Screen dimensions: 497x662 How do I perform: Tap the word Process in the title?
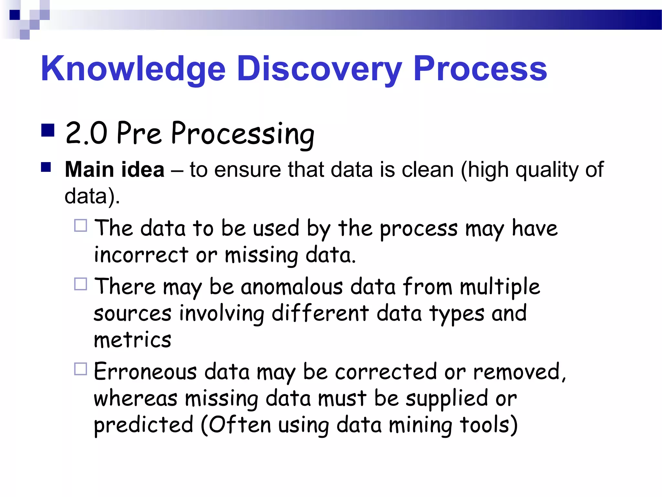480,69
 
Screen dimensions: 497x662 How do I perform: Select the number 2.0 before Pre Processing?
86,133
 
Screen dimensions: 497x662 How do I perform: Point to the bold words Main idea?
114,170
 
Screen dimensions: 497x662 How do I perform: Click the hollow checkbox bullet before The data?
80,226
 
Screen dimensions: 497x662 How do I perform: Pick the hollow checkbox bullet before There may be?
80,284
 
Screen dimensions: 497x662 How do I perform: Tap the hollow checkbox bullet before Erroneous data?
80,369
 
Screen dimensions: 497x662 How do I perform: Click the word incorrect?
141,255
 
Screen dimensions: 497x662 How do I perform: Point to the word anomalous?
292,287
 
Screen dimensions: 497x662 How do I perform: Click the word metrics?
132,340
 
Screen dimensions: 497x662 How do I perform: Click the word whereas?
135,399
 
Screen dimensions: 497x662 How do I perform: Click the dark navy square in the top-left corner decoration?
15,15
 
